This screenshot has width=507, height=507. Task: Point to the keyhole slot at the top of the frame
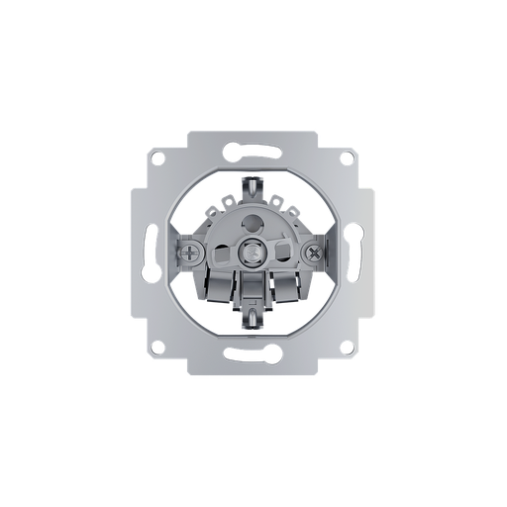click(248, 151)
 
